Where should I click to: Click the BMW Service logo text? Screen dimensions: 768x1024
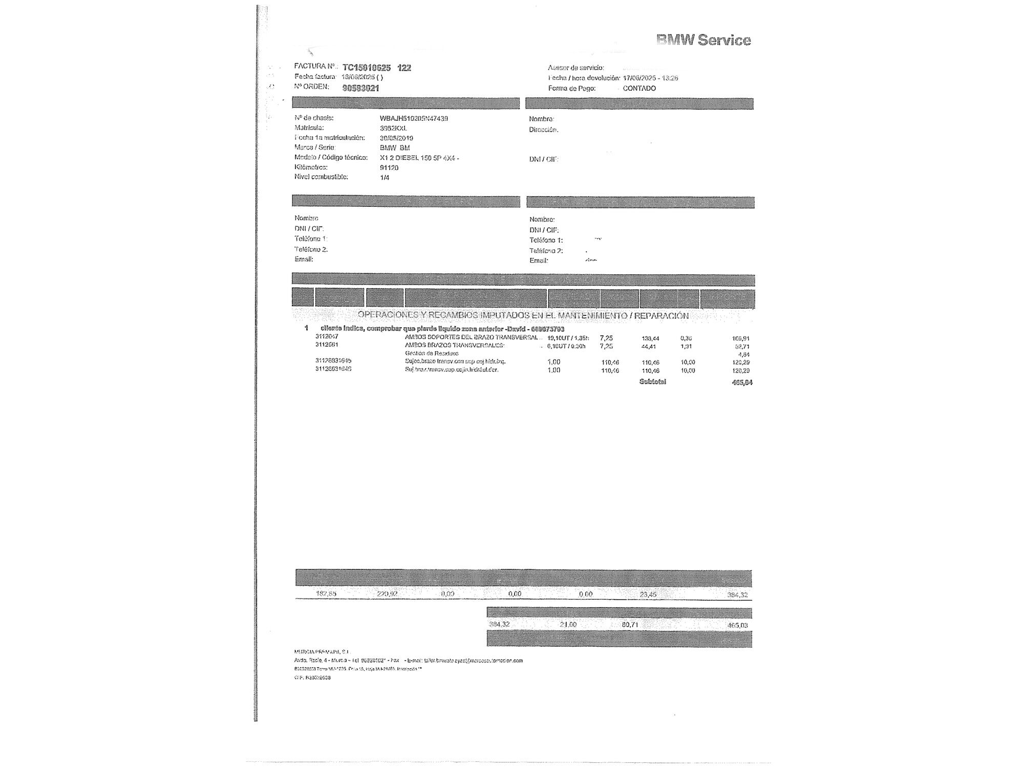coord(703,40)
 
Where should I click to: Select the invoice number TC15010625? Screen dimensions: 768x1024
coord(367,68)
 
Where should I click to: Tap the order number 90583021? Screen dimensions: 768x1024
coord(360,88)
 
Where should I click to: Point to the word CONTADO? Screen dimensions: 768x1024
coord(639,88)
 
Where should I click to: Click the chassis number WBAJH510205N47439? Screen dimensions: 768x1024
coord(414,118)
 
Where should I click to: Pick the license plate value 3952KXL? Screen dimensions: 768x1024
coord(393,128)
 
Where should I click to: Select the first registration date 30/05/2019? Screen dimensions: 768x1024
coord(396,138)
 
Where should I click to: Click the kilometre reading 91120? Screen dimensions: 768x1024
coord(389,167)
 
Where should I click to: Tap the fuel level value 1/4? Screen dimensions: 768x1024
coord(385,177)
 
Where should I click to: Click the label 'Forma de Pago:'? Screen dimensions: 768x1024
coord(572,88)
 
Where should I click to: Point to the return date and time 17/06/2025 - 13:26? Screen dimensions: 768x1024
coord(650,78)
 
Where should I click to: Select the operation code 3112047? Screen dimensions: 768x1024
coord(327,336)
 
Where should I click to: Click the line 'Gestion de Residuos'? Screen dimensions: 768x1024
coord(432,353)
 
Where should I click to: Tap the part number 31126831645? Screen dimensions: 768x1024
coord(333,360)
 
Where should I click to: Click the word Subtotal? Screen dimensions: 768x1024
coord(652,381)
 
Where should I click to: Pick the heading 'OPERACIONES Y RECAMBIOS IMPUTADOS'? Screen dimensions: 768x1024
coord(523,315)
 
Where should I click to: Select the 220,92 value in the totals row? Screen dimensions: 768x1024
coord(387,594)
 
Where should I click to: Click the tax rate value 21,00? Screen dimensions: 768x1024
coord(568,625)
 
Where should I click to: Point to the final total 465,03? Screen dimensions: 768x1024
coord(737,625)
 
